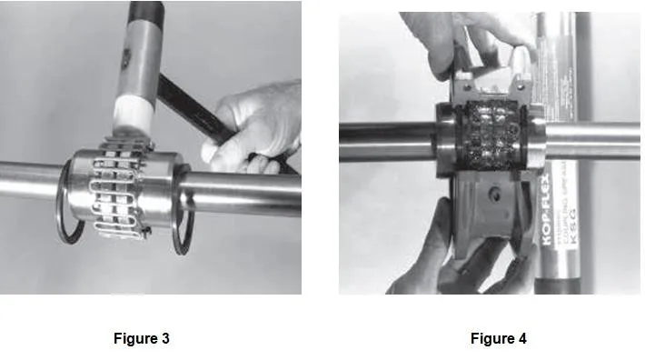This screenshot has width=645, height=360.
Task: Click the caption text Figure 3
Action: point(142,339)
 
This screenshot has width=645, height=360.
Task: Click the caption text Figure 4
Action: point(498,339)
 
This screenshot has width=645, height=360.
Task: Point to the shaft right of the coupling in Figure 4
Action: point(590,141)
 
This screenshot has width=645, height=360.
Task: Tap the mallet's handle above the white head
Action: point(145,36)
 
